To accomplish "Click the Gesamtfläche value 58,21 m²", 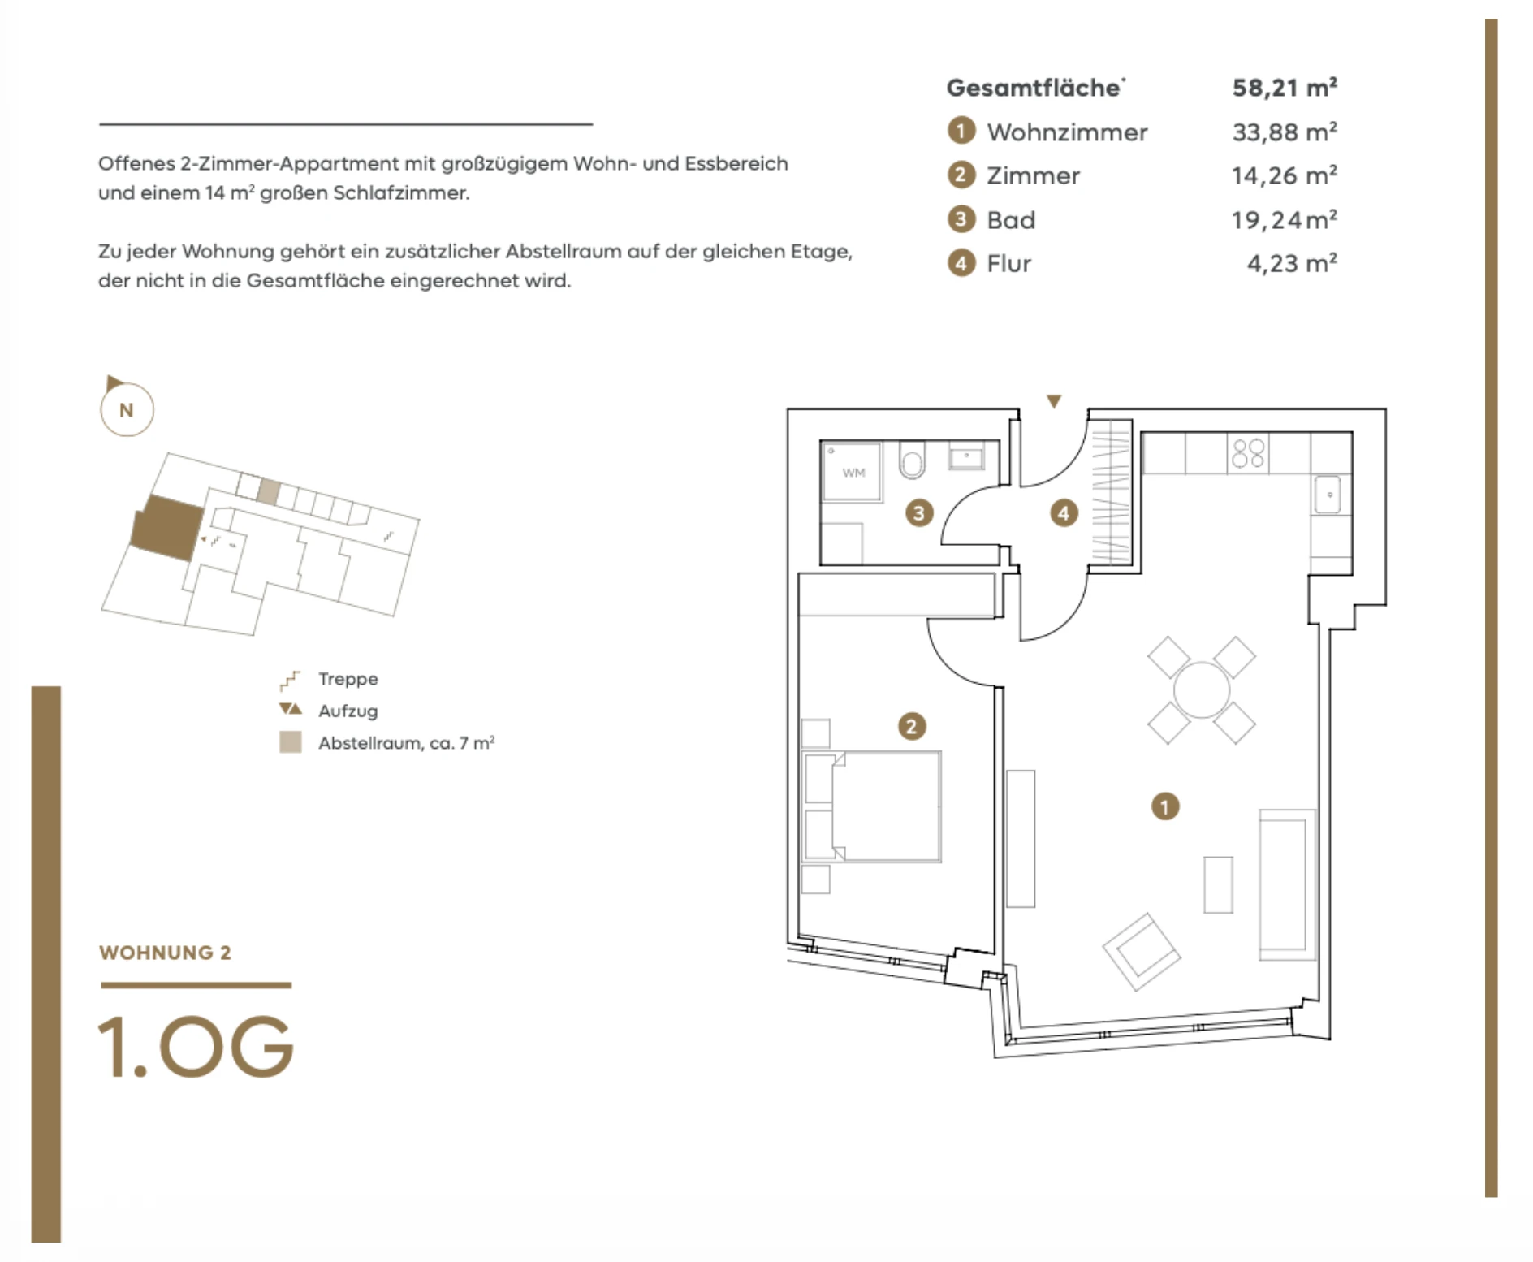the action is [x=1285, y=87].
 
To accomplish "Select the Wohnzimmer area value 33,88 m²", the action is [x=1285, y=132].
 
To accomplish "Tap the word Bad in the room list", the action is [x=1011, y=219].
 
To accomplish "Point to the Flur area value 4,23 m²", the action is [x=1292, y=263].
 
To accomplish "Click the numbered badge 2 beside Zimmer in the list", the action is [x=961, y=175].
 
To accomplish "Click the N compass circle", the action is [x=127, y=409].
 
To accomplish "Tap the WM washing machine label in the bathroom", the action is [x=853, y=473].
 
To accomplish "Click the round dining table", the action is [x=1202, y=690].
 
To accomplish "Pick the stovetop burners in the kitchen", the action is [x=1248, y=453].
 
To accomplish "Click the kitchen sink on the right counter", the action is [x=1328, y=495].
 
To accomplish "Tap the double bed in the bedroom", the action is [x=871, y=806].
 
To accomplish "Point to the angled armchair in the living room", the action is [x=1141, y=952].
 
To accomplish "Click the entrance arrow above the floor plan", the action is [x=1054, y=401].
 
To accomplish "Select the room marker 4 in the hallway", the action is [x=1064, y=512].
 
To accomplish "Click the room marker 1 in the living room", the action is [x=1165, y=806].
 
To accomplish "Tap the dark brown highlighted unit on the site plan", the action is [x=167, y=527].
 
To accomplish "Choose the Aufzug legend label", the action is [x=348, y=711].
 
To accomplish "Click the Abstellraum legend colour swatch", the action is [x=291, y=742].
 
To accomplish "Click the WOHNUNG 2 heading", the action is [x=165, y=953].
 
